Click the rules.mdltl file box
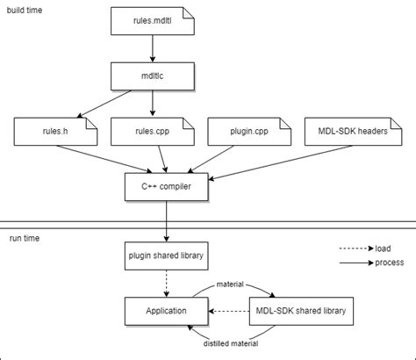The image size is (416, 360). pyautogui.click(x=153, y=20)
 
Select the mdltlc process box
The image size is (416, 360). pyautogui.click(x=153, y=76)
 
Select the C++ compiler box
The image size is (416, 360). pyautogui.click(x=167, y=186)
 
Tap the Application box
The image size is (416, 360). pyautogui.click(x=167, y=310)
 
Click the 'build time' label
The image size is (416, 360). pyautogui.click(x=26, y=9)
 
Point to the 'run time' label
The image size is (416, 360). pyautogui.click(x=23, y=238)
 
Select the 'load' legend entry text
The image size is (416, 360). pyautogui.click(x=384, y=248)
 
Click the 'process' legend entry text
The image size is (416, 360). pyautogui.click(x=390, y=262)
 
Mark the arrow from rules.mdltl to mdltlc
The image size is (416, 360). pyautogui.click(x=153, y=48)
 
